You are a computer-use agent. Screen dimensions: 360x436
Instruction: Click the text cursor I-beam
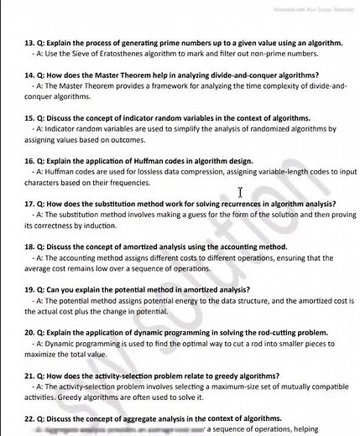point(241,193)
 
